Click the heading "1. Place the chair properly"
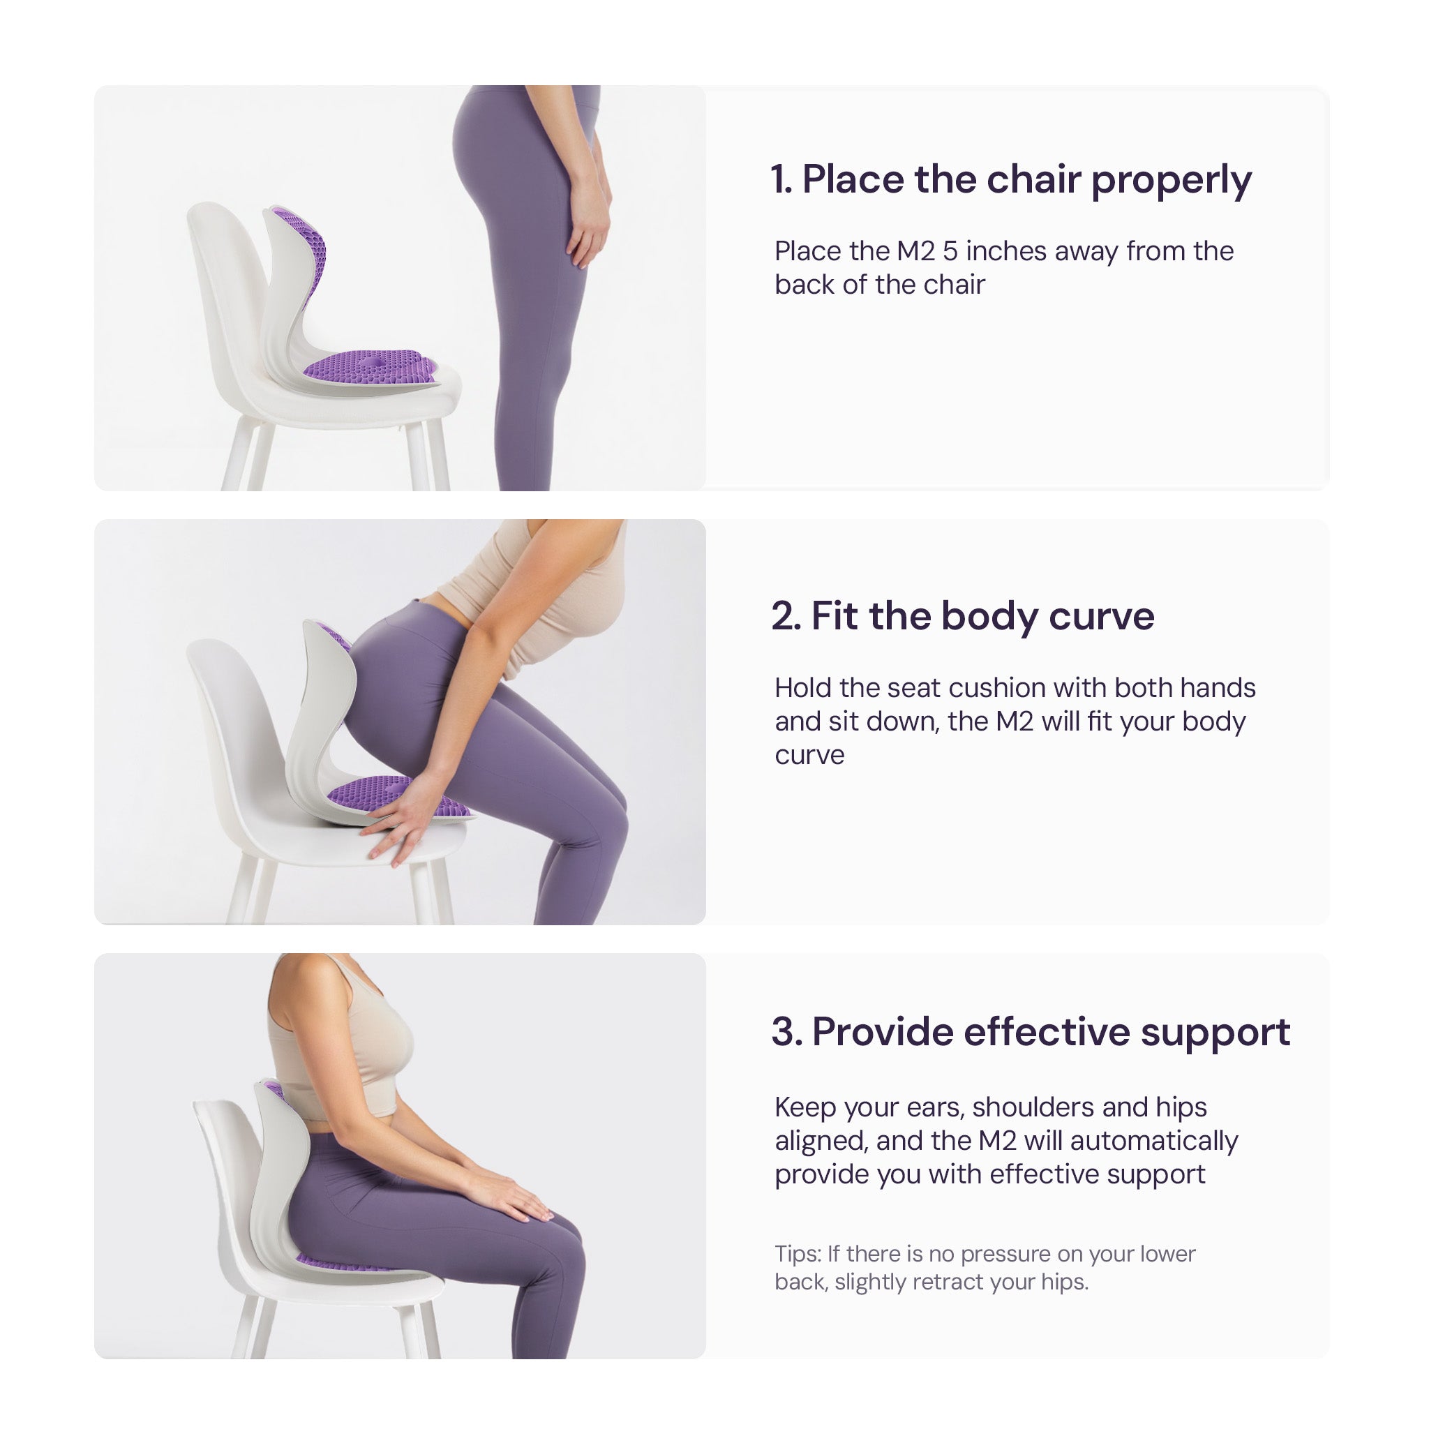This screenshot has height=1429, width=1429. pyautogui.click(x=1010, y=180)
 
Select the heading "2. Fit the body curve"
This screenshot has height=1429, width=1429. pyautogui.click(x=962, y=616)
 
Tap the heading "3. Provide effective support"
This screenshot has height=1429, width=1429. pyautogui.click(x=1031, y=1032)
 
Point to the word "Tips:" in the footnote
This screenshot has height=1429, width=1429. pyautogui.click(x=798, y=1254)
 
